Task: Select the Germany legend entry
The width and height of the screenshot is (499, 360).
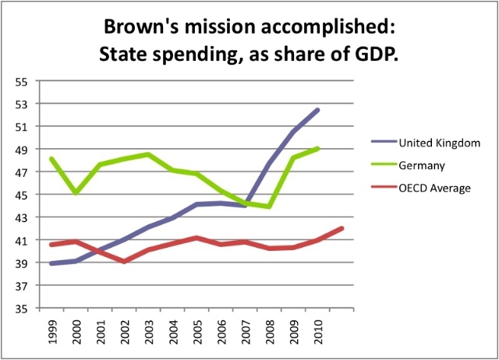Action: tap(419, 164)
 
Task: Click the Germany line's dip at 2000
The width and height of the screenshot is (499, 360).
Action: tap(75, 192)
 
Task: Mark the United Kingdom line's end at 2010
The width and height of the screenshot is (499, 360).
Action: tap(318, 110)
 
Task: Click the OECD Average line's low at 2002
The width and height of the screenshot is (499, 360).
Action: tap(124, 262)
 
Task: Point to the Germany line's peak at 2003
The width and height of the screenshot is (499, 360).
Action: tap(148, 154)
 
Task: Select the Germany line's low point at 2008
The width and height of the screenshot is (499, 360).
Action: tap(269, 206)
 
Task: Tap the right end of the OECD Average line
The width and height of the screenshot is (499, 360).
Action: tap(342, 228)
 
